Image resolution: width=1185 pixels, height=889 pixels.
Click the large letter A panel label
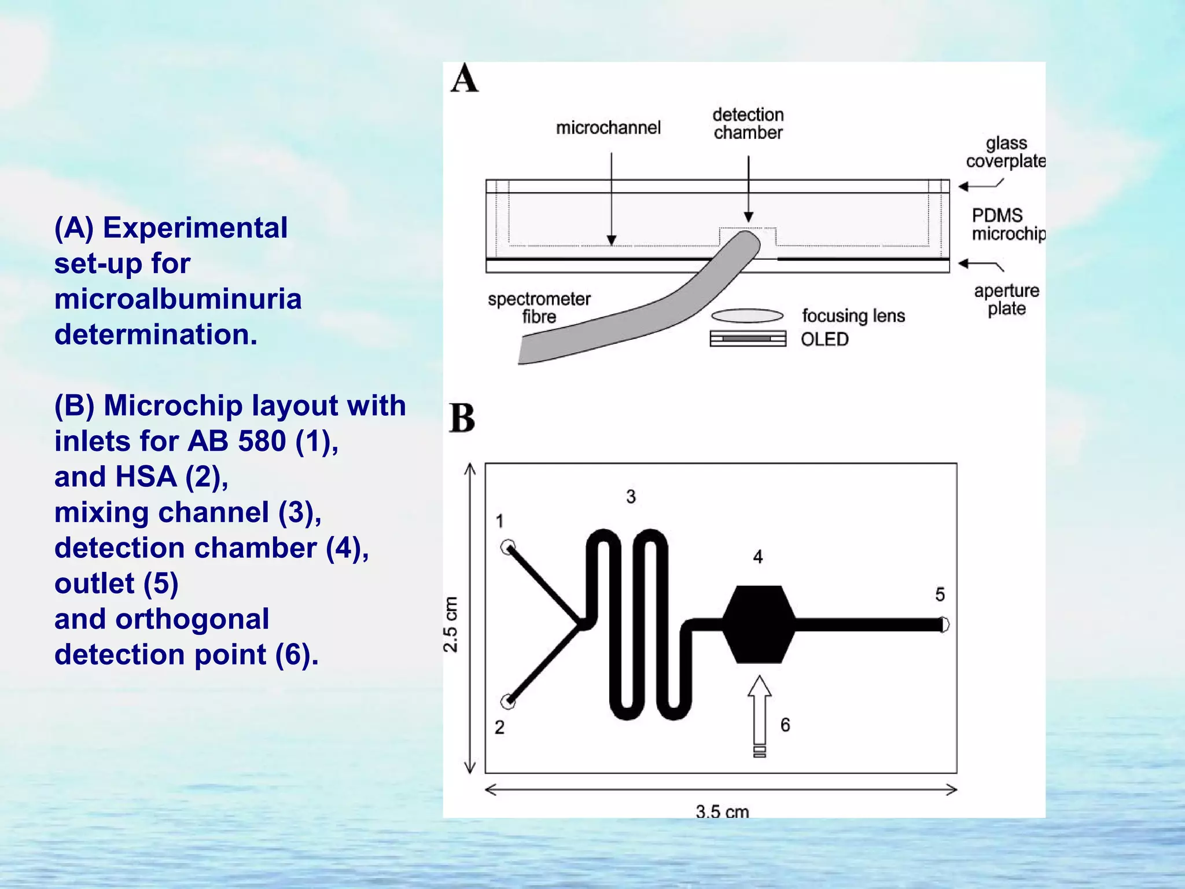465,79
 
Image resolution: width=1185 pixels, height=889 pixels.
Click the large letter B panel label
462,418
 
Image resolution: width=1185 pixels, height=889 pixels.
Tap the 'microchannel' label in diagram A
608,128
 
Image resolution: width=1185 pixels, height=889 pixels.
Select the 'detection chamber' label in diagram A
748,123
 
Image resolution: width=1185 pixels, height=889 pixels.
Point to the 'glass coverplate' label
1006,152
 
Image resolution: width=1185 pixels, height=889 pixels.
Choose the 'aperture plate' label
1007,299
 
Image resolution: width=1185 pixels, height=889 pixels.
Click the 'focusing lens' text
853,316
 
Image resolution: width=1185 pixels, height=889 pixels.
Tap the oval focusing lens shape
747,315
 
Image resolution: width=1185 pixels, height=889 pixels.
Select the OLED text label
825,339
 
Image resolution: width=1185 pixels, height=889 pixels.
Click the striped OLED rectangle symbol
748,339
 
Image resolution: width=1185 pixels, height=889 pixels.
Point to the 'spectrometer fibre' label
539,308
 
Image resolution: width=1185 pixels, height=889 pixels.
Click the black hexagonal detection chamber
759,624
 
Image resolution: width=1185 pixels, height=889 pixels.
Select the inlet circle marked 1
508,547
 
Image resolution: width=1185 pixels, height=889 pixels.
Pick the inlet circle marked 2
508,702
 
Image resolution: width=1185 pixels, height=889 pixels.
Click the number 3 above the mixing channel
631,497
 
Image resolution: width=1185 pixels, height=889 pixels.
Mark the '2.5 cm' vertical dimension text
451,624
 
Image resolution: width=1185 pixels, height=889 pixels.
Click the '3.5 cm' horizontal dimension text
722,811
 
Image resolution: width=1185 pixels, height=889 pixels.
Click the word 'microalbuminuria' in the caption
178,299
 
